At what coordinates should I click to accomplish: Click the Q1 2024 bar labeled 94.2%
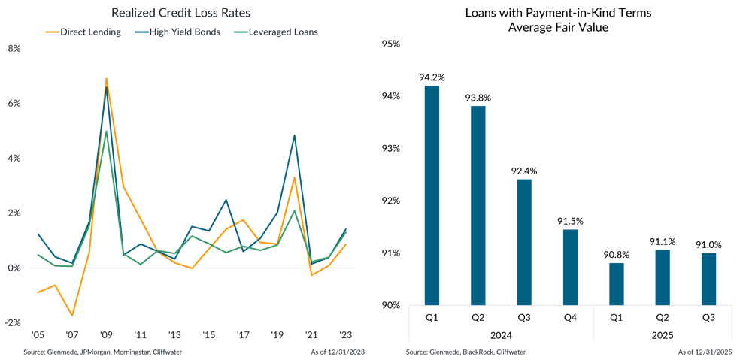click(432, 195)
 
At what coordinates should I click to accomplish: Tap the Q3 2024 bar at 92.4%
click(523, 242)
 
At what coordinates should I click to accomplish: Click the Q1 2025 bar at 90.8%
click(616, 284)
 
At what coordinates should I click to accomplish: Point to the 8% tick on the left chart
click(15, 49)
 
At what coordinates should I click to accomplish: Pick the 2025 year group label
click(662, 336)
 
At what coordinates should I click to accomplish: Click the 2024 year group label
click(500, 336)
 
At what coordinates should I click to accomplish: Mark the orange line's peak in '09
click(106, 77)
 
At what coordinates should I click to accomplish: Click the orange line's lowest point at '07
click(72, 315)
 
